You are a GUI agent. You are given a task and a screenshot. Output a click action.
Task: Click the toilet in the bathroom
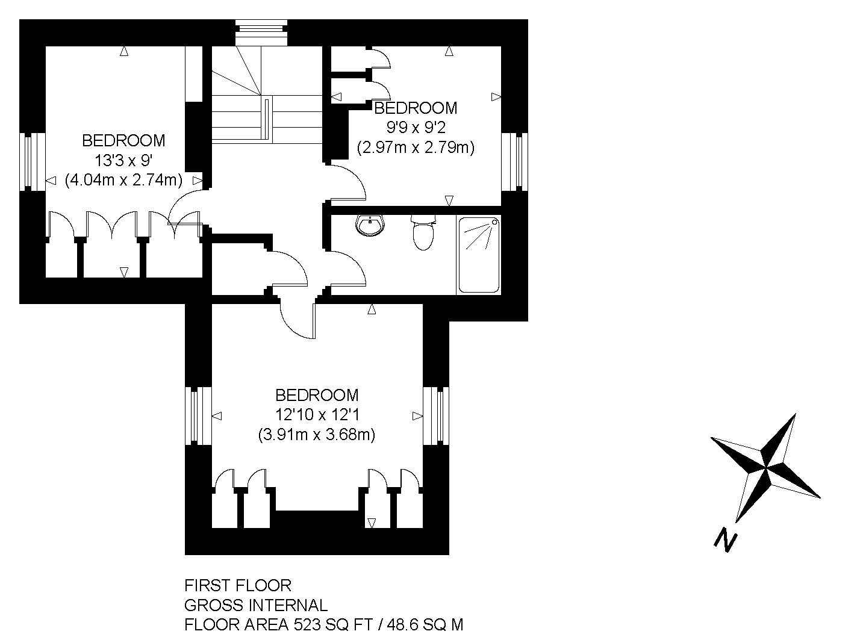pyautogui.click(x=423, y=232)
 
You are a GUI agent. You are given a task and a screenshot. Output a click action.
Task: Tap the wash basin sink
pyautogui.click(x=370, y=226)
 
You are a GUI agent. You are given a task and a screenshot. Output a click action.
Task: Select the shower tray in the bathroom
pyautogui.click(x=479, y=255)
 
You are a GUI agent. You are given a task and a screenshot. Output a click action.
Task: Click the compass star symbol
pyautogui.click(x=765, y=467)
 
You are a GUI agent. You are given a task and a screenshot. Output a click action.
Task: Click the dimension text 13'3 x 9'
pyautogui.click(x=123, y=160)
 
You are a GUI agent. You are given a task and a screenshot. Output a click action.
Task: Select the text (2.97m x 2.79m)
pyautogui.click(x=416, y=148)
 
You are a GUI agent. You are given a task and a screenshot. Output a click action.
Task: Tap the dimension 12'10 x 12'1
pyautogui.click(x=317, y=415)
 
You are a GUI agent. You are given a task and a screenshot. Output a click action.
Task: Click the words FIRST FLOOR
pyautogui.click(x=238, y=586)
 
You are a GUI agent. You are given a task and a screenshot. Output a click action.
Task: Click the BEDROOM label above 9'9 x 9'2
pyautogui.click(x=416, y=108)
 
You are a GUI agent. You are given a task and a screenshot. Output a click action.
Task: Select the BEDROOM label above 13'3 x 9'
pyautogui.click(x=123, y=140)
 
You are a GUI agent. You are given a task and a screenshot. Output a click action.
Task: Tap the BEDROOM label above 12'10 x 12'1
pyautogui.click(x=317, y=396)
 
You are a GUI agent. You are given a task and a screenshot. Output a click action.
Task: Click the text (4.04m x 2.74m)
pyautogui.click(x=123, y=180)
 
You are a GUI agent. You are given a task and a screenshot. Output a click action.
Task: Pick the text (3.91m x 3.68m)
pyautogui.click(x=317, y=435)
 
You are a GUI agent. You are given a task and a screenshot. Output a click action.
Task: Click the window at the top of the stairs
pyautogui.click(x=261, y=33)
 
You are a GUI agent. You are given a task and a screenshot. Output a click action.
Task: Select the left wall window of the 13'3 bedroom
pyautogui.click(x=33, y=162)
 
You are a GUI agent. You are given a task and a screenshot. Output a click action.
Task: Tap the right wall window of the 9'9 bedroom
pyautogui.click(x=514, y=162)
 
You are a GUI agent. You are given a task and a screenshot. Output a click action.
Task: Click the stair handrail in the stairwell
pyautogui.click(x=267, y=119)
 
